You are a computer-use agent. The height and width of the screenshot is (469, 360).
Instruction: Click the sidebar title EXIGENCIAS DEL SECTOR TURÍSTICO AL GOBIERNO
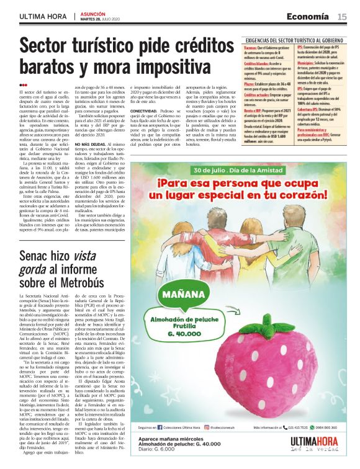pyautogui.click(x=294, y=40)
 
